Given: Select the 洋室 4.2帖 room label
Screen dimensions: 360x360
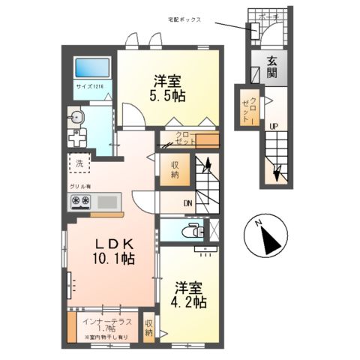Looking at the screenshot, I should [191, 295].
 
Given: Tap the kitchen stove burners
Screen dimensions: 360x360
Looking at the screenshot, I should [80, 201].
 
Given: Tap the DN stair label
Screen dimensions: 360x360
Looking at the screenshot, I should [188, 202].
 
